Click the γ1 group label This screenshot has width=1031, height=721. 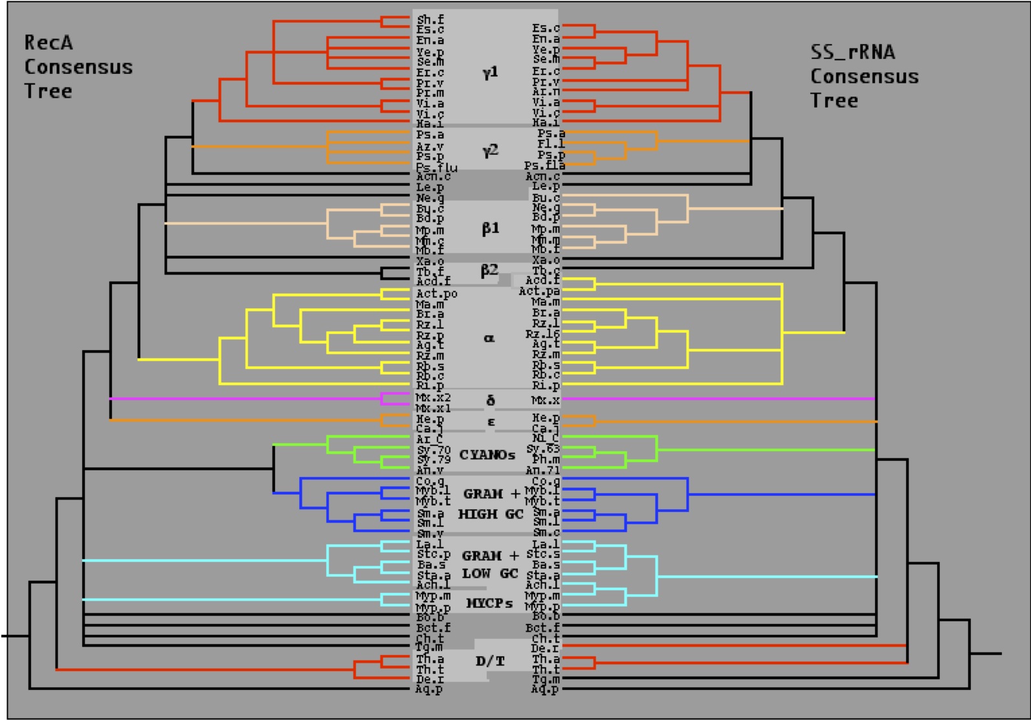(x=490, y=72)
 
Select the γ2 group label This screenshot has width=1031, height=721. (x=490, y=151)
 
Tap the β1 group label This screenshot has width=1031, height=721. (x=490, y=228)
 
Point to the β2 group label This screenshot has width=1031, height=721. (x=489, y=270)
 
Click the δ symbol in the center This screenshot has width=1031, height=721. (x=490, y=401)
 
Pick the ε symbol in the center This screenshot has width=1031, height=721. (x=491, y=422)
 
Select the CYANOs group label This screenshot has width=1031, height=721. (x=487, y=455)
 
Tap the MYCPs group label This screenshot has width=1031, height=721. (x=489, y=603)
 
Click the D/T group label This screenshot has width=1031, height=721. (x=490, y=661)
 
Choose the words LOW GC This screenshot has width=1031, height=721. (x=490, y=573)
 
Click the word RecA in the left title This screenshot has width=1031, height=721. (x=49, y=43)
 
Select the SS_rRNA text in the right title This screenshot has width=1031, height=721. (x=852, y=52)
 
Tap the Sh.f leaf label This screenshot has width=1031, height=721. (x=430, y=20)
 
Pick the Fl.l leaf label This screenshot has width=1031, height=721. (x=551, y=144)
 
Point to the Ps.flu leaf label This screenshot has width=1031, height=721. (x=436, y=168)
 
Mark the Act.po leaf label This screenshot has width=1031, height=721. (x=436, y=294)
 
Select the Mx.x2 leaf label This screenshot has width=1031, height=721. (x=433, y=397)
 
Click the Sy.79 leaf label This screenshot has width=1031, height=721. (x=433, y=460)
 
